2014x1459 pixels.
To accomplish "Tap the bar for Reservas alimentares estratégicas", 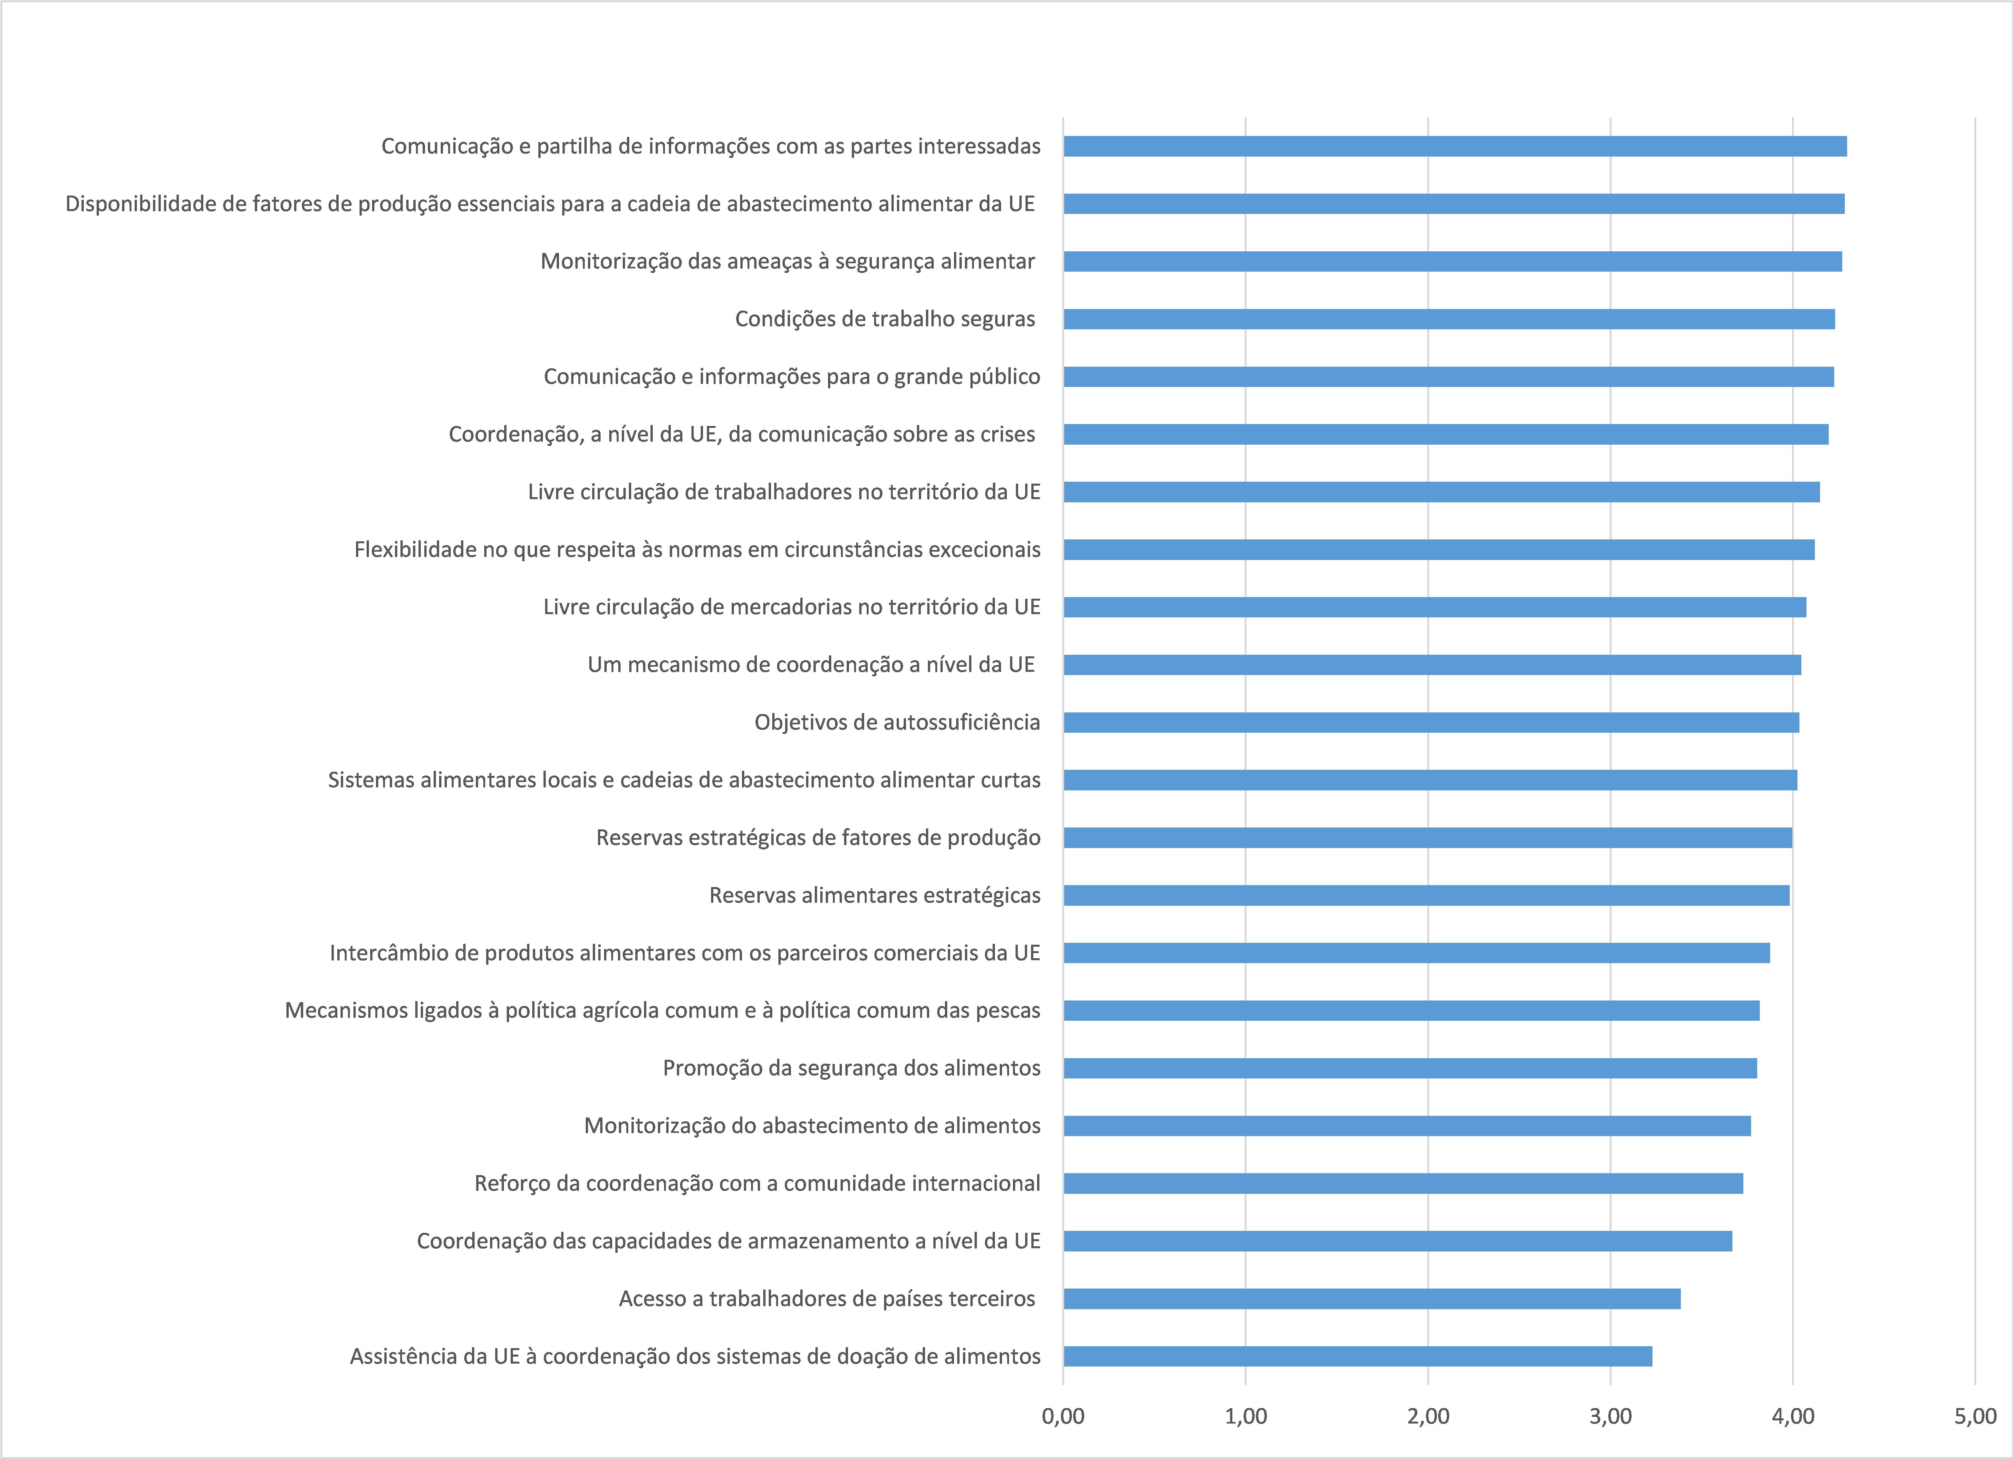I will pos(1426,895).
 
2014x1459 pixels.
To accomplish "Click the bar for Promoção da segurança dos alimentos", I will pos(1410,1068).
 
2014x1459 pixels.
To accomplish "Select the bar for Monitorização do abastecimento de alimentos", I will pos(1407,1125).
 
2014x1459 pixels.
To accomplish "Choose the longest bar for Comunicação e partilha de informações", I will pos(1455,146).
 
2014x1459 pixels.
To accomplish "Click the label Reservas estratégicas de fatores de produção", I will pos(818,837).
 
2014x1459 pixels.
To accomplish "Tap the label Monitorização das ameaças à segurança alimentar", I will pos(788,261).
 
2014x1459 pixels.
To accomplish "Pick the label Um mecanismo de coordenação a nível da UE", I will pos(811,664).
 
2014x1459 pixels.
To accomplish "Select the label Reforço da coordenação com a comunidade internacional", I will pos(756,1183).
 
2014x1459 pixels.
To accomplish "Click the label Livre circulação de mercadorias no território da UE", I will pos(791,606).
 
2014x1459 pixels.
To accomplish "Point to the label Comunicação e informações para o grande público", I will pos(791,377).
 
